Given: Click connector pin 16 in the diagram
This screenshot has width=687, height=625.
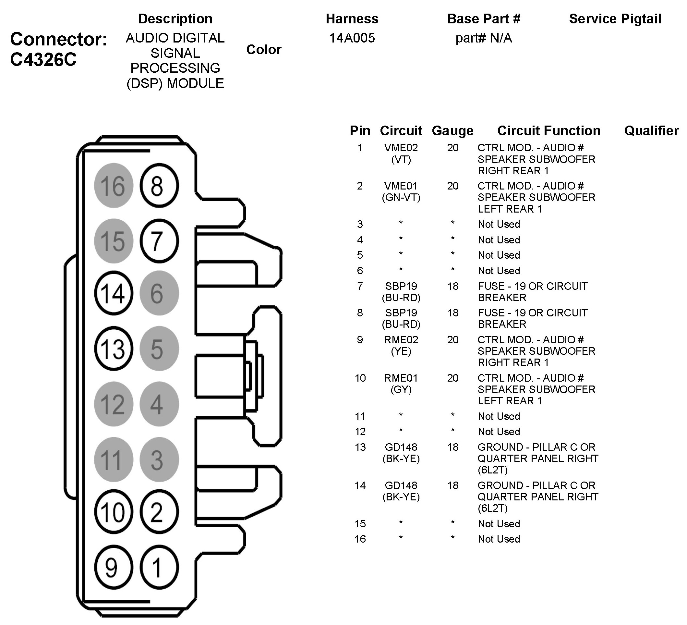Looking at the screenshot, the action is point(114,186).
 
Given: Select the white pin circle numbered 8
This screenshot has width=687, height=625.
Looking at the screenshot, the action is point(159,186).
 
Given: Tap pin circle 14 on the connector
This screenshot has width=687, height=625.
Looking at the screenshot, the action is point(114,293).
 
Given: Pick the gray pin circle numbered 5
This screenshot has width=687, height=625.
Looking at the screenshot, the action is point(159,349).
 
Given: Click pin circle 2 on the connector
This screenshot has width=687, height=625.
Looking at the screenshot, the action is point(159,512).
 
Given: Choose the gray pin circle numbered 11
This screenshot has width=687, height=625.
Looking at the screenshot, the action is point(114,460).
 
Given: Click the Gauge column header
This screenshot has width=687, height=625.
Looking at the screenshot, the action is point(452,130).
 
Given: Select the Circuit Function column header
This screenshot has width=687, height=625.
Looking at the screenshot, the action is point(548,130).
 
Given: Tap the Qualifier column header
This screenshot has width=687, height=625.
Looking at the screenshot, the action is point(651,130).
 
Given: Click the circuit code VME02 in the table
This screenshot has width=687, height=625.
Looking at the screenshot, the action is point(401,148).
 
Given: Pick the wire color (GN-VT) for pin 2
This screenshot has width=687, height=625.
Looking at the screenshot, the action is point(401,197).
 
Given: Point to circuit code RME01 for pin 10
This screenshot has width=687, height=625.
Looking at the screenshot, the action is point(401,378).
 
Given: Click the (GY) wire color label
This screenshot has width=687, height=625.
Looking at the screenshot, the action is point(401,389).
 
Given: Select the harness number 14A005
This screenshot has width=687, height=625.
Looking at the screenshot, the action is point(352,38).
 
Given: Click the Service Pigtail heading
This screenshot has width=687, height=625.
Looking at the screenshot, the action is point(615,19).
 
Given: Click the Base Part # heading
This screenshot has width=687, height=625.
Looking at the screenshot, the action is point(484,19).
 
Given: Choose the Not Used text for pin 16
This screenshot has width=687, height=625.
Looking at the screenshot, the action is point(499,539).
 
